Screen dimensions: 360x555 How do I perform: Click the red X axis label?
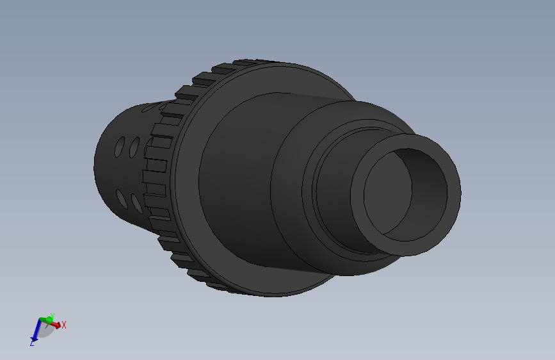click(64, 325)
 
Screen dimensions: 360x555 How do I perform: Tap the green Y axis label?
click(52, 315)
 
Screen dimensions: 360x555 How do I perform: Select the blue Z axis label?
click(31, 343)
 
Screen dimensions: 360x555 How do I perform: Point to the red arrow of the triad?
click(57, 325)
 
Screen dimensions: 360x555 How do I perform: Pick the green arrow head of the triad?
click(48, 318)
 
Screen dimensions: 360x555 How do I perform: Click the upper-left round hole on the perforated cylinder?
click(120, 146)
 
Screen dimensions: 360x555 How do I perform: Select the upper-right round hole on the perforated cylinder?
click(134, 147)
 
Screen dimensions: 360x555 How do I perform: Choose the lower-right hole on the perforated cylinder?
click(136, 203)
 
